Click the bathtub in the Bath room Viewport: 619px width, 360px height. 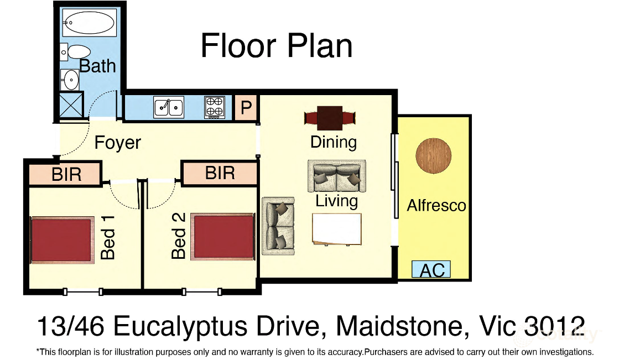89,22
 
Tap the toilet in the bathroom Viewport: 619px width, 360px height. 76,52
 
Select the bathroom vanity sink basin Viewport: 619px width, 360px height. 70,80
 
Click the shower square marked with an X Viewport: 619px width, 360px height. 71,105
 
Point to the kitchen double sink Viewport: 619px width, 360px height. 169,107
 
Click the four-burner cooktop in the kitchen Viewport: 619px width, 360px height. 215,107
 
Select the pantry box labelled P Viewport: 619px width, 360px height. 246,107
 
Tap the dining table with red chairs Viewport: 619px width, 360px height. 330,118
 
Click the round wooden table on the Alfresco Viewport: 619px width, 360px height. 434,155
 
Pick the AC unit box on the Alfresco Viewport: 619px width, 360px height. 431,270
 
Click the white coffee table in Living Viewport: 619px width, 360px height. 337,229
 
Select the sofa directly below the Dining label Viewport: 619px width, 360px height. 337,176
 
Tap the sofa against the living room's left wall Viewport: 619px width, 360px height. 278,226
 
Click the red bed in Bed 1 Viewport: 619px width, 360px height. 63,239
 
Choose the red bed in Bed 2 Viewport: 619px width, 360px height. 222,237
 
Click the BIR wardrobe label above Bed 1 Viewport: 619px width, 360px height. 66,175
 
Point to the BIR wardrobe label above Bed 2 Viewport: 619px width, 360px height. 220,173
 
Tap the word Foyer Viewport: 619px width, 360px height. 118,143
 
